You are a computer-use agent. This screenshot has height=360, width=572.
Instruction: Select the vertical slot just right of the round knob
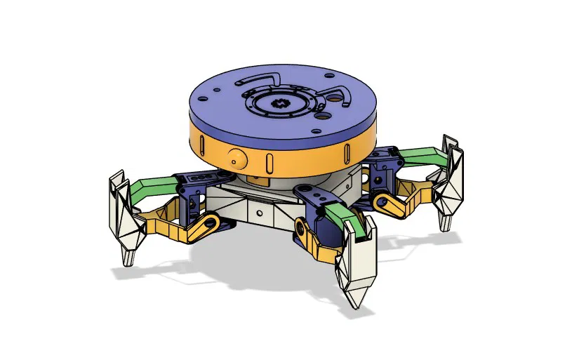[268, 161]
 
